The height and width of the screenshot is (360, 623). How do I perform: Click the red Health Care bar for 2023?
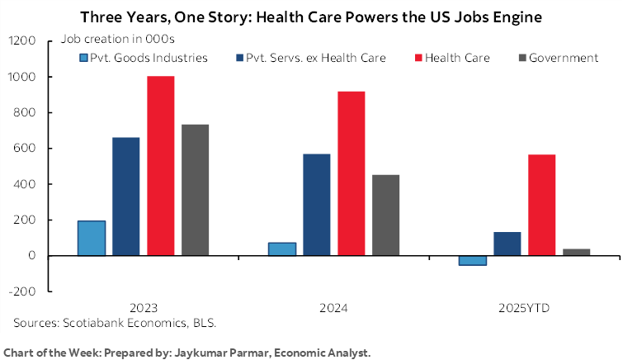click(160, 165)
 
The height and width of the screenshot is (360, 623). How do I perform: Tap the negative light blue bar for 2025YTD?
click(472, 260)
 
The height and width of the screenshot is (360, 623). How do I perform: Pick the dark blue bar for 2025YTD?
click(507, 244)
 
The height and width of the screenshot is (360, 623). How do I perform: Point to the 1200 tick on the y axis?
click(23, 41)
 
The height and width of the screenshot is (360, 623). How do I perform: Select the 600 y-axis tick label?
click(26, 149)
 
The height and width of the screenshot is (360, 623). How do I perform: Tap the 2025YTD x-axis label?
click(524, 308)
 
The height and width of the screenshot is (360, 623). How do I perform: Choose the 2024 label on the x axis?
click(334, 308)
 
